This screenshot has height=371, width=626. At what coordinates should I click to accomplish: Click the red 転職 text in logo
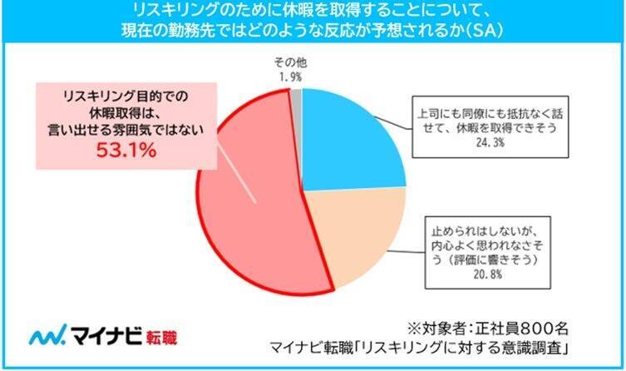pos(160,336)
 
